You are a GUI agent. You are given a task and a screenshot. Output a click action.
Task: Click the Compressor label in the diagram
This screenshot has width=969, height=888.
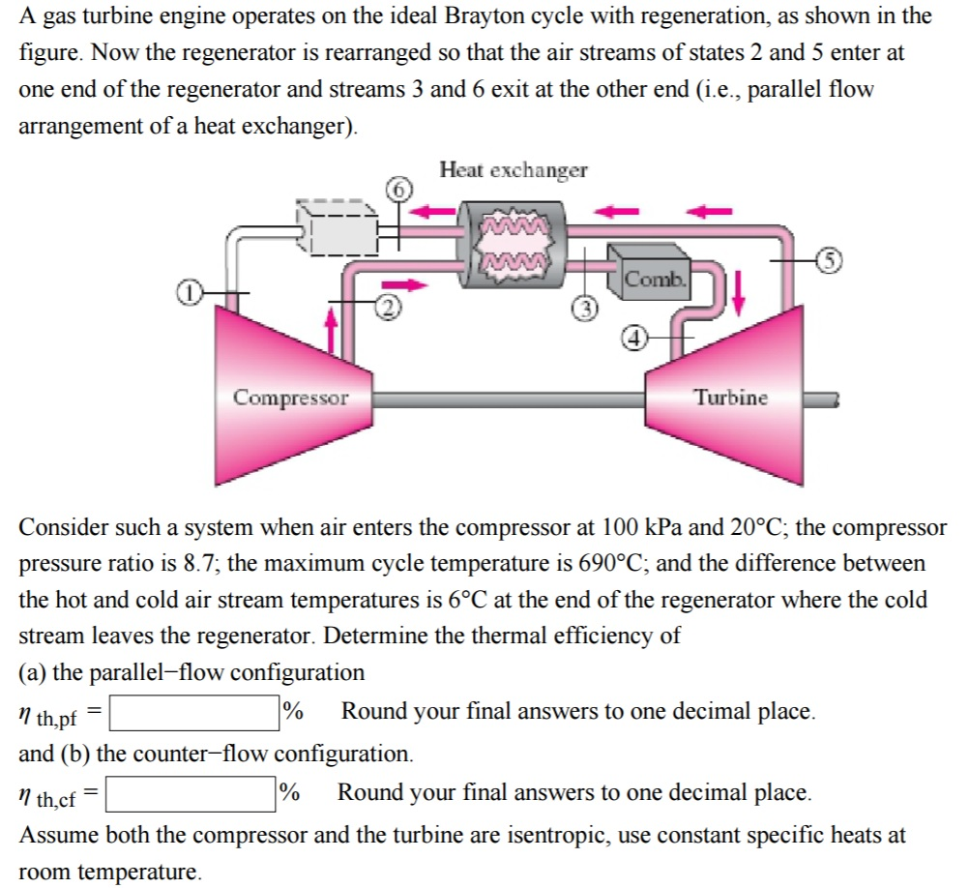click(x=290, y=398)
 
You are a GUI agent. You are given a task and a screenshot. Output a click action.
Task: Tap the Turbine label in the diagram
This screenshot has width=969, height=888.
click(x=730, y=398)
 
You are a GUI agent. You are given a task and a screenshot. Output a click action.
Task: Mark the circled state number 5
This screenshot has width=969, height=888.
click(x=827, y=259)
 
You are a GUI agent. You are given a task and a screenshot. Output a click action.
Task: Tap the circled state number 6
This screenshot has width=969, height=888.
click(x=399, y=189)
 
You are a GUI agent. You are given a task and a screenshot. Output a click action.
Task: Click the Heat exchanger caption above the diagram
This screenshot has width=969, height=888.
click(x=513, y=170)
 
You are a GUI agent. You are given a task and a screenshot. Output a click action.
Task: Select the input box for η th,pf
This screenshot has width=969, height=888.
click(x=193, y=713)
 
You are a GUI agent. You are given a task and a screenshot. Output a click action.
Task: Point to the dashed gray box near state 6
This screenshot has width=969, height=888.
click(x=335, y=228)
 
